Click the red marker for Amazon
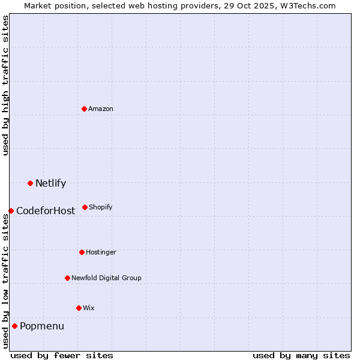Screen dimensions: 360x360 point(84,109)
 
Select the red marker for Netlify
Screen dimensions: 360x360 point(30,183)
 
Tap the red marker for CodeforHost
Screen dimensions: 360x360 point(11,211)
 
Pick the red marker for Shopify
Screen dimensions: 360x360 point(85,207)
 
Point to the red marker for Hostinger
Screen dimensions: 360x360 point(82,252)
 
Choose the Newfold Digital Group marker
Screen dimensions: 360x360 point(67,278)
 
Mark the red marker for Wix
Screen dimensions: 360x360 point(79,308)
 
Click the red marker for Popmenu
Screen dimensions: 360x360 point(14,326)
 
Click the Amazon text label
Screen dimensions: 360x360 point(101,109)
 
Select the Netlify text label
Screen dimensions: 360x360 point(50,184)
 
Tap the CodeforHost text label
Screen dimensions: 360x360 point(46,211)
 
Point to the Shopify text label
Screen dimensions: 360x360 point(101,207)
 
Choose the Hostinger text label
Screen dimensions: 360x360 point(101,252)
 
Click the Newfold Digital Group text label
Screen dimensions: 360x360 point(106,278)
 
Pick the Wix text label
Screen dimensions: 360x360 point(89,308)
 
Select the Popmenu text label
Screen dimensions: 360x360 point(42,326)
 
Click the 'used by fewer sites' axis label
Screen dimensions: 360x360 point(62,355)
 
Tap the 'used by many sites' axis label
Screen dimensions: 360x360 point(301,355)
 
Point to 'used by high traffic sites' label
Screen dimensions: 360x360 point(5,85)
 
